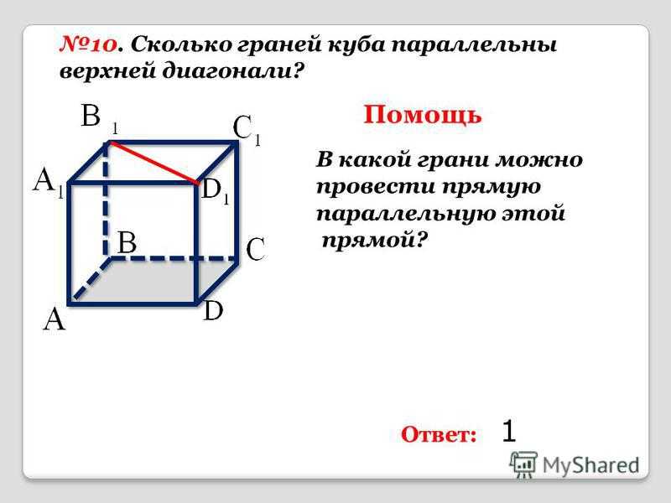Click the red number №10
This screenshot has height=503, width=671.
(88, 44)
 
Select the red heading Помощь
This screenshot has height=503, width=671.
(423, 115)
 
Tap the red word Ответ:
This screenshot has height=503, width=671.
(439, 434)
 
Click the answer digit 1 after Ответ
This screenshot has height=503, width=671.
(509, 430)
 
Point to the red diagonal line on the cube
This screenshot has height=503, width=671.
(154, 163)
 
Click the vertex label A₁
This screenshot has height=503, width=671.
(49, 181)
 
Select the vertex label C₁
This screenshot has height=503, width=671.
(247, 130)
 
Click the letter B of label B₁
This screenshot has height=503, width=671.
(91, 116)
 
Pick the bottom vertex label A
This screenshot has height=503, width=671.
(55, 320)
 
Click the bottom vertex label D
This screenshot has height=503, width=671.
(213, 310)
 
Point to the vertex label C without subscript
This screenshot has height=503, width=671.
(256, 249)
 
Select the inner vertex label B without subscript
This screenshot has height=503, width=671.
(127, 242)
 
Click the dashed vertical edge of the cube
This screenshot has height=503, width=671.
(107, 200)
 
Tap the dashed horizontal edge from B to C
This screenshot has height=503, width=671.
(173, 258)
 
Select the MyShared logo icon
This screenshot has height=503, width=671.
(523, 464)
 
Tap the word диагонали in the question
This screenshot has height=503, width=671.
(231, 71)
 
